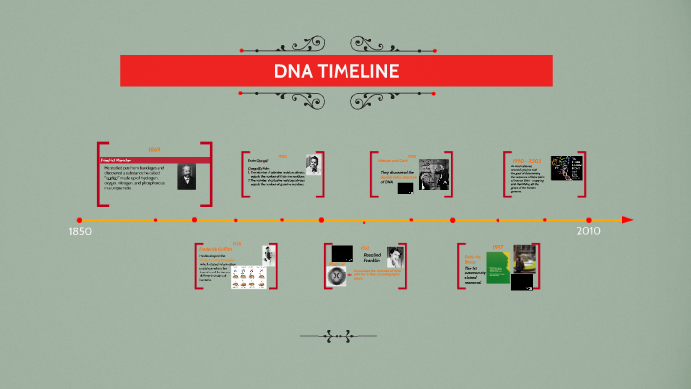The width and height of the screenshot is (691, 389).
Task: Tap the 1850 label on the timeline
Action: [x=80, y=231]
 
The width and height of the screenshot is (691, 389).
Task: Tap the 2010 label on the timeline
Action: [x=588, y=231]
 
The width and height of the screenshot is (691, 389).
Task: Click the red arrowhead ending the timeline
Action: [x=628, y=219]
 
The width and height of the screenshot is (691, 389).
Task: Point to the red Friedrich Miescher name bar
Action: [x=154, y=159]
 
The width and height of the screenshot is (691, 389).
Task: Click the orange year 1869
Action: [x=154, y=150]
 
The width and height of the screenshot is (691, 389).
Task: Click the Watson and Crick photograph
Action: [x=432, y=174]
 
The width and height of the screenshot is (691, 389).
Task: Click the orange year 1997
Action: [x=499, y=247]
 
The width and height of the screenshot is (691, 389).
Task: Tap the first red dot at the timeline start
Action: [x=79, y=219]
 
